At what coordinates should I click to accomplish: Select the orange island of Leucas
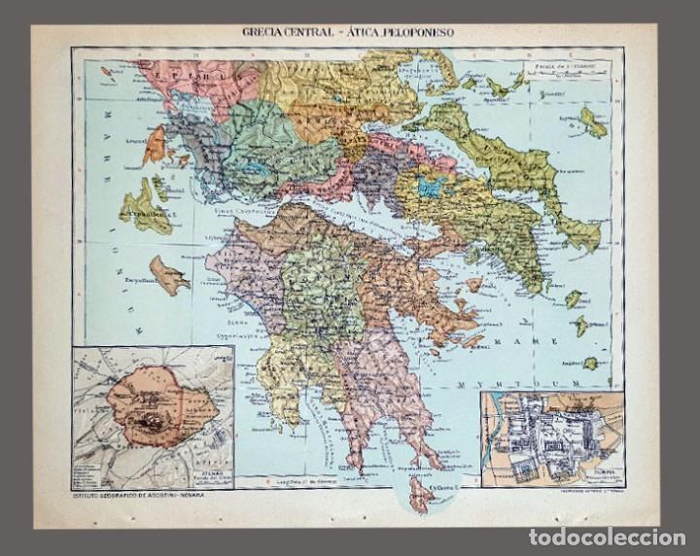(x=156, y=145)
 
